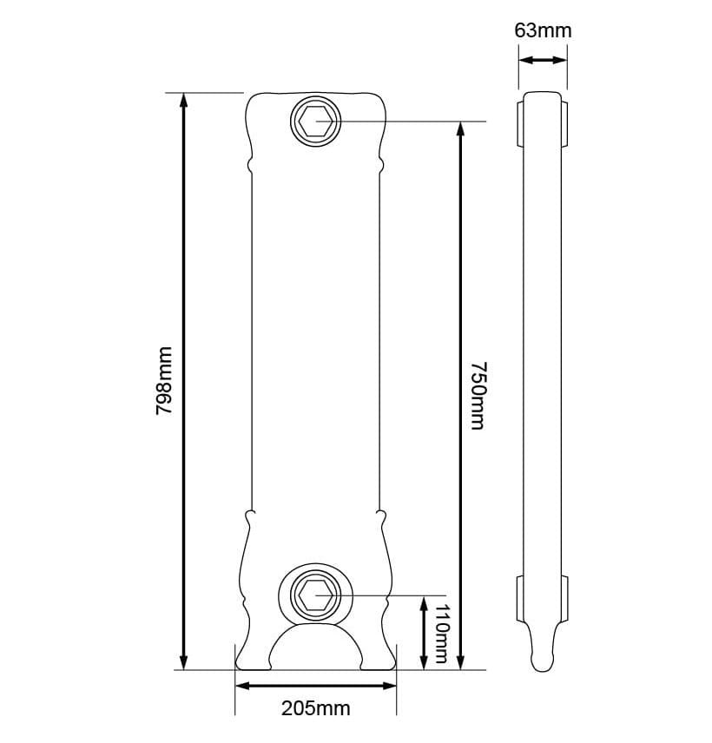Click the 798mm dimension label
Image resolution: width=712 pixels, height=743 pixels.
pyautogui.click(x=164, y=380)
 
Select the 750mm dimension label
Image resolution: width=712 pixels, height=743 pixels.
pyautogui.click(x=477, y=395)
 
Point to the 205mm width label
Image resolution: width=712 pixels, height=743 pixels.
pyautogui.click(x=316, y=708)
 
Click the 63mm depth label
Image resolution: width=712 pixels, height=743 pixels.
pyautogui.click(x=543, y=30)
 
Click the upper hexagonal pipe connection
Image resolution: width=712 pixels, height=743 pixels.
pyautogui.click(x=313, y=120)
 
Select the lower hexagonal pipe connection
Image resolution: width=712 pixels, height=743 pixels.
pyautogui.click(x=313, y=595)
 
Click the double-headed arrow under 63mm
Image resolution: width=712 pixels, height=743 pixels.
pyautogui.click(x=543, y=60)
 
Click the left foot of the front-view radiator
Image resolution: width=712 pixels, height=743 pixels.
pyautogui.click(x=254, y=655)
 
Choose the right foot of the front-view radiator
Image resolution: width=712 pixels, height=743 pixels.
pyautogui.click(x=378, y=655)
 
